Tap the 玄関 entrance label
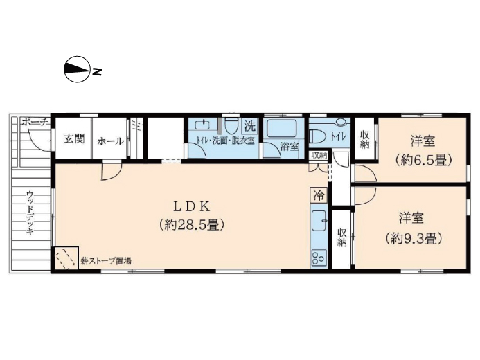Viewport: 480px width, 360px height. [x=74, y=139]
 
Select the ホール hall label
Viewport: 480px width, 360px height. [x=111, y=141]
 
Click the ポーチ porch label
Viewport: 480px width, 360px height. [x=35, y=123]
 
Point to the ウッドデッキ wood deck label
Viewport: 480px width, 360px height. [x=30, y=213]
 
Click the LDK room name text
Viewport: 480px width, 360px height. [x=192, y=207]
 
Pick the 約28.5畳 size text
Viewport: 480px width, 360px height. [x=192, y=225]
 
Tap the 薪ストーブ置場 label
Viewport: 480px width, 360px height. [x=106, y=261]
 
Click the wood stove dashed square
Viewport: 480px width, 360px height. [x=66, y=259]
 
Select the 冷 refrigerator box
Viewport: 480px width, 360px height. [x=319, y=195]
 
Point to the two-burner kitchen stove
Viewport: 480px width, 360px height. [x=319, y=258]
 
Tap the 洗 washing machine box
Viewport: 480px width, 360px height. [x=250, y=125]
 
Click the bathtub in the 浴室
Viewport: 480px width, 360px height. [x=282, y=128]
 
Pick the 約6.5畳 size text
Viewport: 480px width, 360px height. [x=423, y=160]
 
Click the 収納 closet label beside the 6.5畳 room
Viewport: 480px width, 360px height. [x=364, y=139]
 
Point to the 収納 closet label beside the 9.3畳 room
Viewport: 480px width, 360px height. [x=342, y=238]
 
